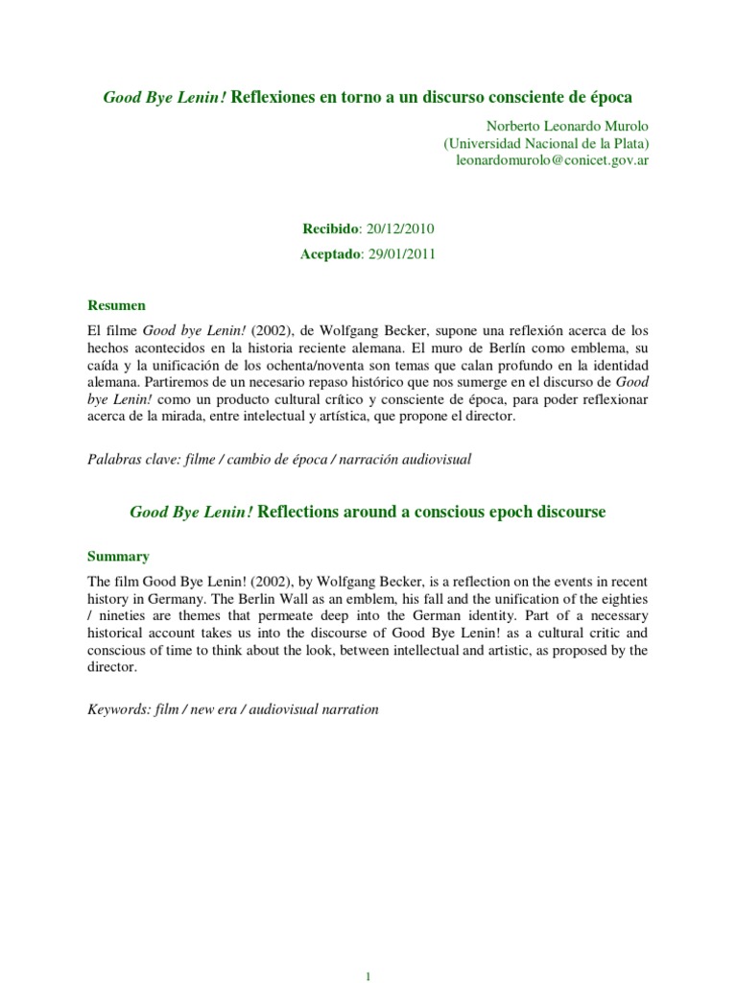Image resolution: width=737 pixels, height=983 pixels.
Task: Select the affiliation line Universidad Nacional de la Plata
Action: coord(546,143)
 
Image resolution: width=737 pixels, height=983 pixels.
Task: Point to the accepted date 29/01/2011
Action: coord(407,254)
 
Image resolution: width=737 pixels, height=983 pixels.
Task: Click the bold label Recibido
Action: coord(329,229)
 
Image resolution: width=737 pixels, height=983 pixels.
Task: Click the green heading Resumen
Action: coord(116,305)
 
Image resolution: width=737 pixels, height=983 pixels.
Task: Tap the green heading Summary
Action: coord(118,556)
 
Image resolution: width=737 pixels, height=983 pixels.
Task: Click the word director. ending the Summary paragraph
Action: coord(112,668)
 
